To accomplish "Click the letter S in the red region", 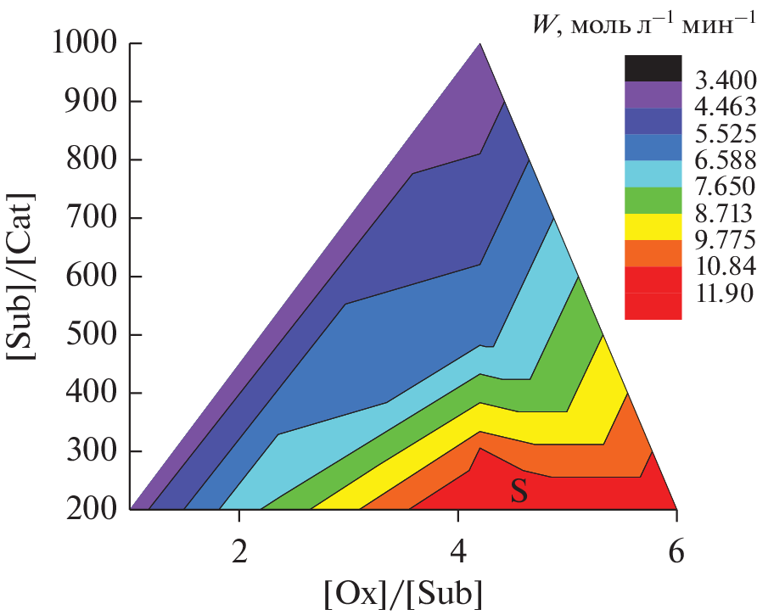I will click(x=519, y=492).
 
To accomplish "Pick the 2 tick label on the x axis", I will click(x=240, y=549).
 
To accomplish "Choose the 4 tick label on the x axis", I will click(x=458, y=549).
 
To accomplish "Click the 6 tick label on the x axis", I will click(x=676, y=549).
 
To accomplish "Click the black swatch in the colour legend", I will click(x=653, y=68).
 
